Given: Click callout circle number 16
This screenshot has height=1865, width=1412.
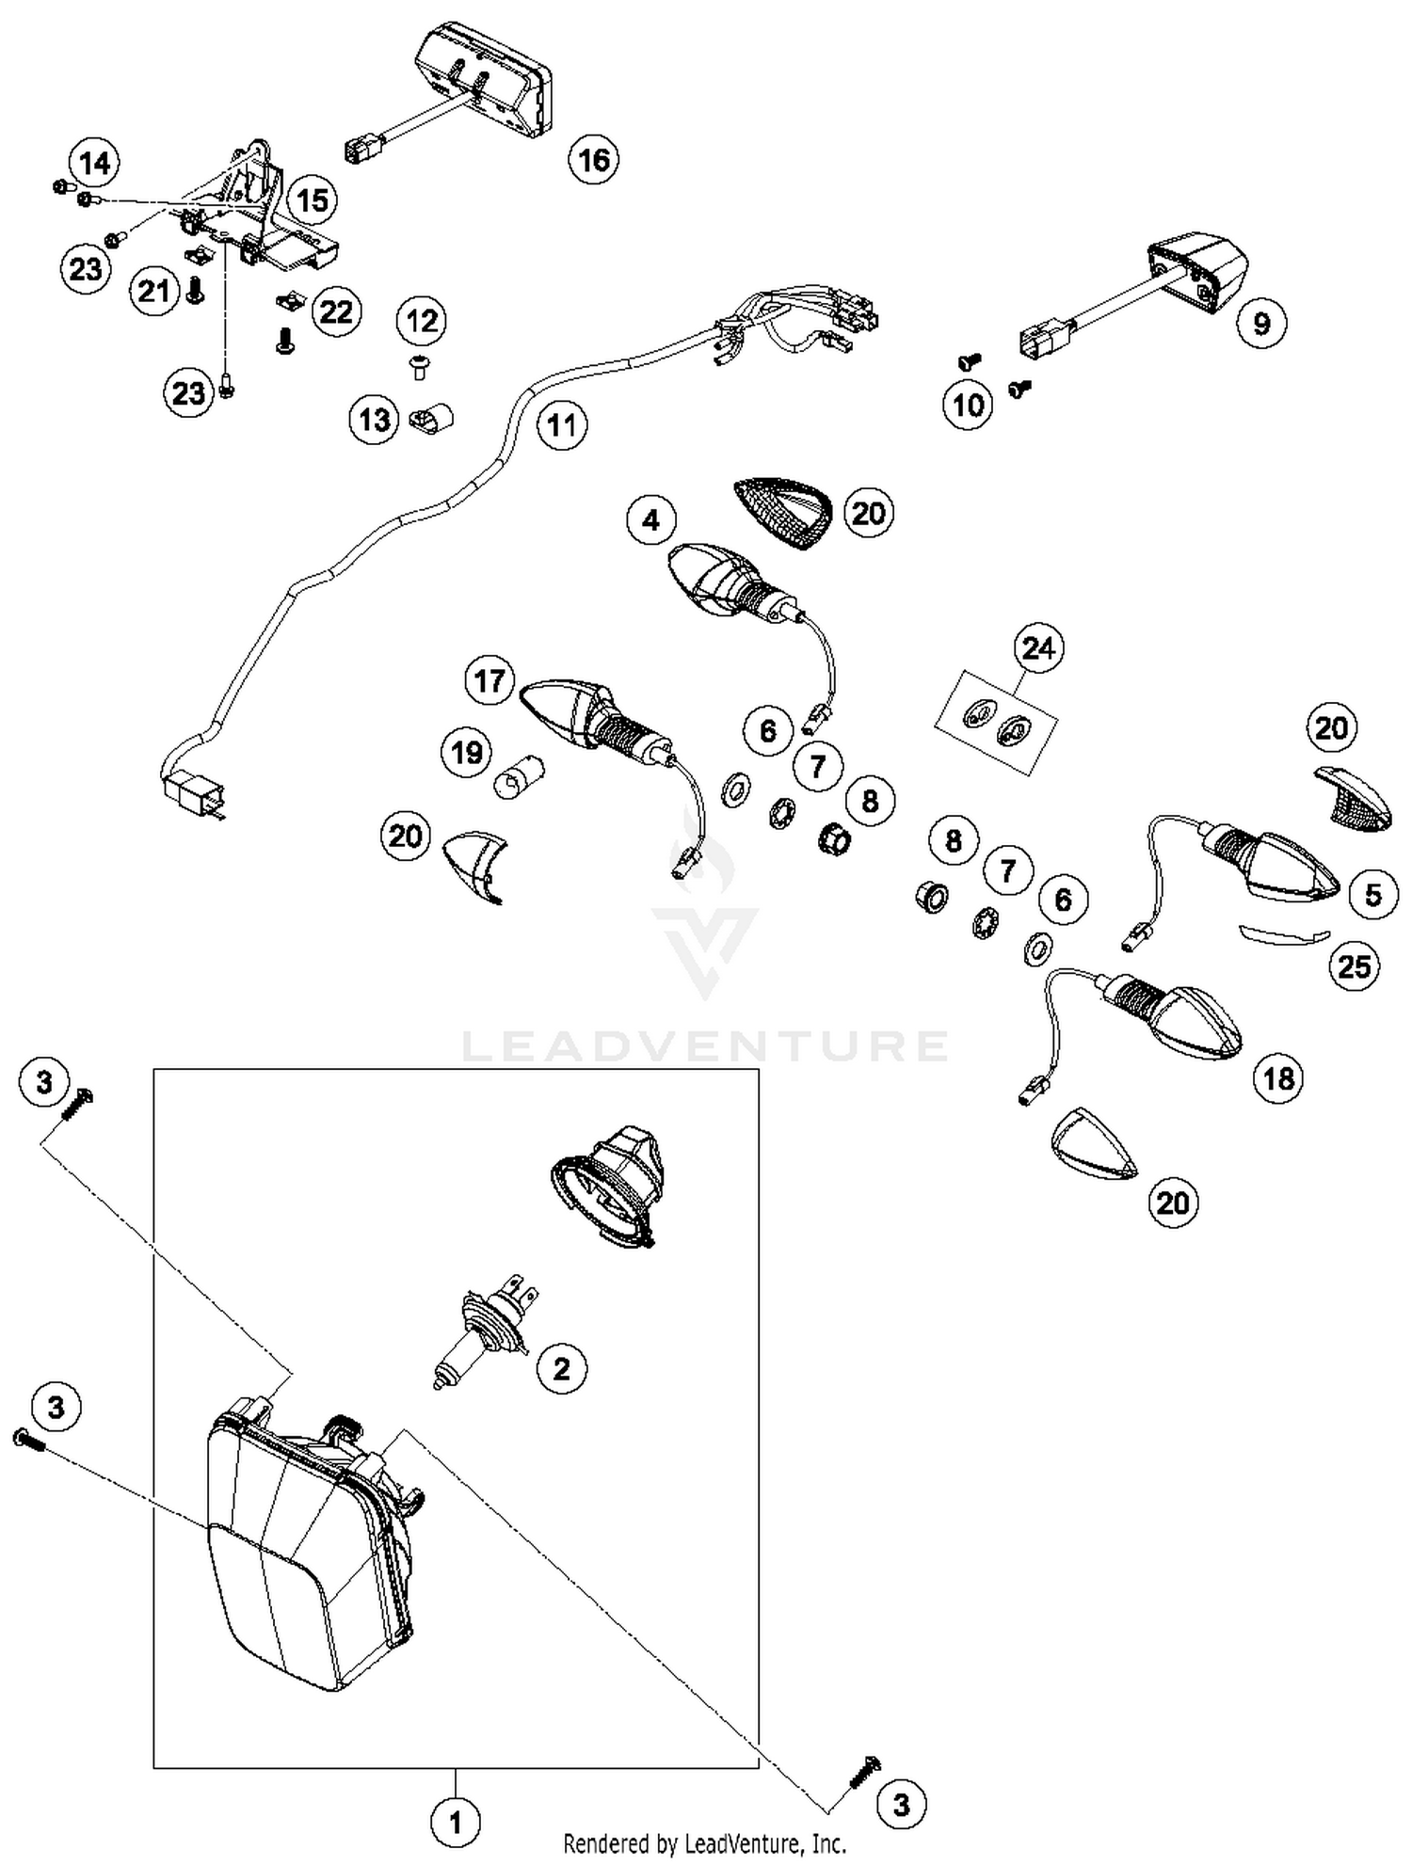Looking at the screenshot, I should pos(594,160).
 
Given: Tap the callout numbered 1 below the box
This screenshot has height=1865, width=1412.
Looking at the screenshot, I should pos(456,1824).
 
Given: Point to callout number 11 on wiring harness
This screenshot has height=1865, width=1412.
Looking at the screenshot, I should pos(562,425).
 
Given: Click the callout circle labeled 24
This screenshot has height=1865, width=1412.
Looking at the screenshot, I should pos(1038,648).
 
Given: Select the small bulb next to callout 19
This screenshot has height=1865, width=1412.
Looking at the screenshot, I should pos(514,778).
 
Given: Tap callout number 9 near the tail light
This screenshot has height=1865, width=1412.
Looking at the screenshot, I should pos(1261,323).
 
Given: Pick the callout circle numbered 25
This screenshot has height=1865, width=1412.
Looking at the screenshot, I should pos(1355,965).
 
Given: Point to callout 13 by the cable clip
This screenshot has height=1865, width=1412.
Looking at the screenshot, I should pos(375,420).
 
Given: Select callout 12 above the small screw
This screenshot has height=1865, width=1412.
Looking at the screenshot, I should pos(422,322).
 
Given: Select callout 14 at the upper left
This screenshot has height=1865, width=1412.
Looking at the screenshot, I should pos(95,164).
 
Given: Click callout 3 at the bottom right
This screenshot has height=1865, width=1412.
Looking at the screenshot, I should pos(902,1805).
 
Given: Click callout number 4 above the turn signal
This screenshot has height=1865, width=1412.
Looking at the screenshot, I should pos(652,519).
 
